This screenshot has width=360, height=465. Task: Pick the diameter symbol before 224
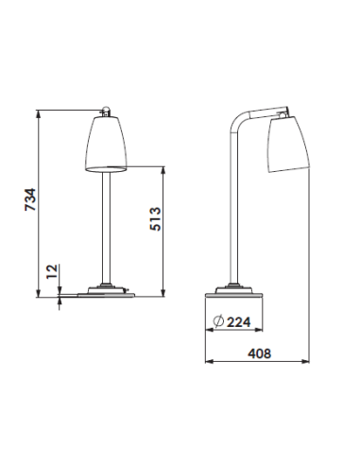[x=218, y=322]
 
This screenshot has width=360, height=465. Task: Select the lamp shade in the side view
[x=289, y=144]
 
